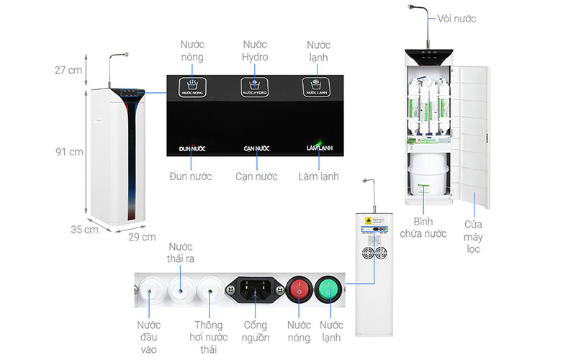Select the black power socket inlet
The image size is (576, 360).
pos(256,290)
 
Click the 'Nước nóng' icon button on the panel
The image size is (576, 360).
pos(192,87)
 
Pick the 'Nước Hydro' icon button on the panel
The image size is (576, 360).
pos(254,87)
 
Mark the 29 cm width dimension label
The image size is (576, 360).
pos(142,237)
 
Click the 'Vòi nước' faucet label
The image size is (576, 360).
pos(458,18)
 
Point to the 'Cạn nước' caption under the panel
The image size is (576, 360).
pos(253,176)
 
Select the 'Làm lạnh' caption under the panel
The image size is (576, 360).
pos(318,176)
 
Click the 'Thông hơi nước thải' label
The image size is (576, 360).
pos(210,337)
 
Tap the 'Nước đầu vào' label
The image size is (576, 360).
pos(149,337)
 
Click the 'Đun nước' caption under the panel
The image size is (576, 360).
pos(191,176)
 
